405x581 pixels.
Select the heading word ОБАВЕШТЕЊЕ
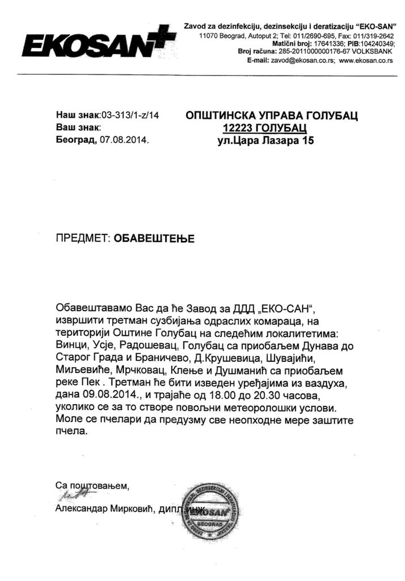tap(154, 238)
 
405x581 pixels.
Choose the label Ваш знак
tap(78, 127)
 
